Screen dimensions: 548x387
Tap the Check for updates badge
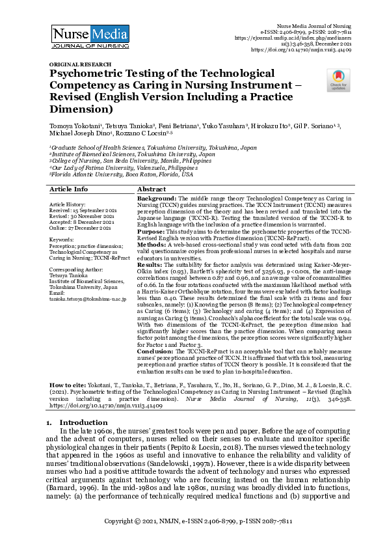338,80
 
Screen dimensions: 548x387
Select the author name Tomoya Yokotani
73,124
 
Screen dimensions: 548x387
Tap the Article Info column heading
68,189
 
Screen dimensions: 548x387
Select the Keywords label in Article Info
62,240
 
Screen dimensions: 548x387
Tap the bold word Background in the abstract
156,197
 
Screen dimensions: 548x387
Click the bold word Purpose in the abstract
153,232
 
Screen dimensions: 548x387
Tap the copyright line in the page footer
193,522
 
